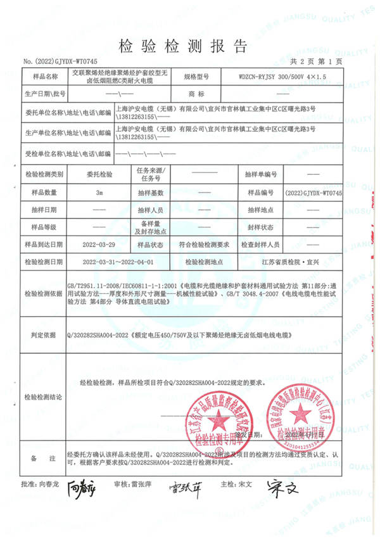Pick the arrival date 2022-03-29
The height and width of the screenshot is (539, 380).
pyautogui.click(x=98, y=244)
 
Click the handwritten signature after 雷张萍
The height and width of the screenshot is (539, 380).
pyautogui.click(x=184, y=487)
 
